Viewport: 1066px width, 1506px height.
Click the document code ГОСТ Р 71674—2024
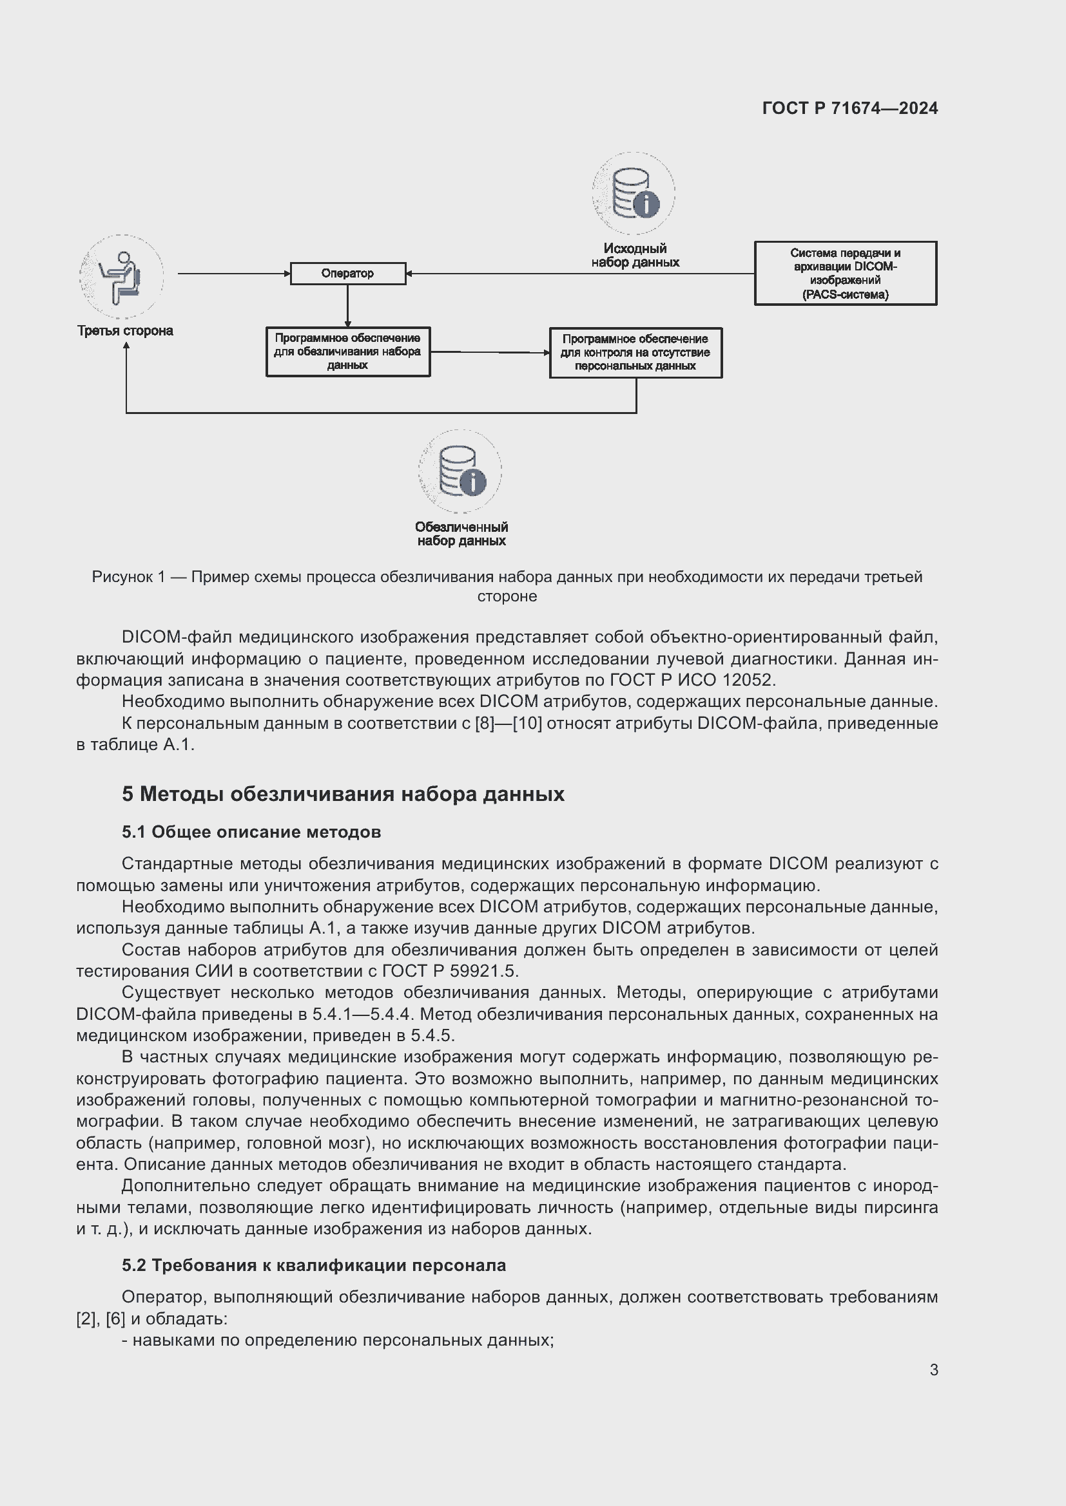(849, 108)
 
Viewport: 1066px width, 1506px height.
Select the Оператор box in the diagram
(347, 274)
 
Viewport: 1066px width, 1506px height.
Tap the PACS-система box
(845, 273)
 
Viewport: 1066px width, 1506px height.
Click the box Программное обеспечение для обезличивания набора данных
(347, 352)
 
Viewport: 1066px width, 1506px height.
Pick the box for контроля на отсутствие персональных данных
(635, 352)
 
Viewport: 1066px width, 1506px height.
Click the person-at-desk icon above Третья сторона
(121, 276)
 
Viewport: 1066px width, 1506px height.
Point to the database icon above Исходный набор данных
(633, 194)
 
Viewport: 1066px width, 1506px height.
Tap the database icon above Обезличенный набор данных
(460, 471)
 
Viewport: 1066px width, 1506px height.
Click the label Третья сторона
(125, 330)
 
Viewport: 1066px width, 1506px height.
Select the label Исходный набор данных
(635, 255)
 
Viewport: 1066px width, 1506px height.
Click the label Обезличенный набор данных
(461, 534)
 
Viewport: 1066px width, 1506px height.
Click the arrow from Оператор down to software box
(347, 306)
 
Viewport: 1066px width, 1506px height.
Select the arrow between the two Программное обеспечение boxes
(489, 352)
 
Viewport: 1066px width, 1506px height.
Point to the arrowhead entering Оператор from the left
(287, 274)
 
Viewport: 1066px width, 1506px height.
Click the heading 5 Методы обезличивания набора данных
(343, 794)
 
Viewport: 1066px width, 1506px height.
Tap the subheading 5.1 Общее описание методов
(251, 832)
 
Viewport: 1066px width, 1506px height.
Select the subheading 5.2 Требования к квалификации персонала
(314, 1265)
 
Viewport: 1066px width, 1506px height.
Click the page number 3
(933, 1370)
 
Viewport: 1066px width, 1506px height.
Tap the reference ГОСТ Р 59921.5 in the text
(450, 971)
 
